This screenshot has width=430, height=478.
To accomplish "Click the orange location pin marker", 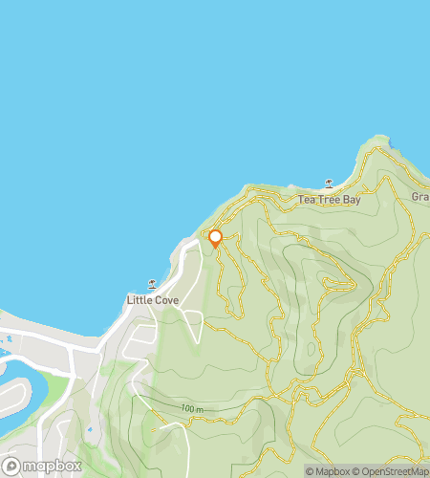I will click(215, 237).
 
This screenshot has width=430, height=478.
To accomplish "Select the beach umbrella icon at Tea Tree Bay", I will click(330, 183).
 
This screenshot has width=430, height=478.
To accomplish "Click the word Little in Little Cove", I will click(140, 300).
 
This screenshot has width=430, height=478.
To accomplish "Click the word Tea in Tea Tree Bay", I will click(306, 200).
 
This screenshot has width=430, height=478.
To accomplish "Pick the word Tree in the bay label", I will click(327, 200).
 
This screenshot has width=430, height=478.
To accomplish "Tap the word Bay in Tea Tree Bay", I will click(351, 200).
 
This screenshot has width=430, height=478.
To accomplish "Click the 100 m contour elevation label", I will click(192, 409).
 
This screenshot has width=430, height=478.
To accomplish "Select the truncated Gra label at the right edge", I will click(419, 197).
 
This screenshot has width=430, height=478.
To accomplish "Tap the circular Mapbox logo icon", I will click(11, 467).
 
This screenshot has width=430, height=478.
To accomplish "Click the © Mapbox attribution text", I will click(328, 470).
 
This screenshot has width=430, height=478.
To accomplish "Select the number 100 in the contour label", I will click(187, 409).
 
